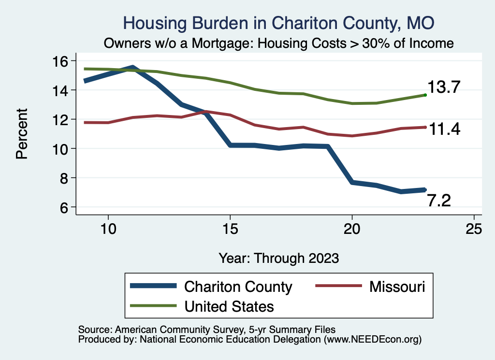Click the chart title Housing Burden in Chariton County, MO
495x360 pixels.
(x=279, y=23)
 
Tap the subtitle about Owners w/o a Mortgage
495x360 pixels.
(x=279, y=43)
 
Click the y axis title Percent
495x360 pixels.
(x=21, y=134)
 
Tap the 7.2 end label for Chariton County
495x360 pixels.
(x=439, y=201)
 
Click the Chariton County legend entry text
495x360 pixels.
(x=238, y=287)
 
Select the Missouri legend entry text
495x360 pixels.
(x=397, y=287)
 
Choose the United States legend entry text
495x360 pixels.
(x=229, y=306)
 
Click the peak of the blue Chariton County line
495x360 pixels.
(x=132, y=67)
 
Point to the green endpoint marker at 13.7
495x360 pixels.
(x=425, y=95)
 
